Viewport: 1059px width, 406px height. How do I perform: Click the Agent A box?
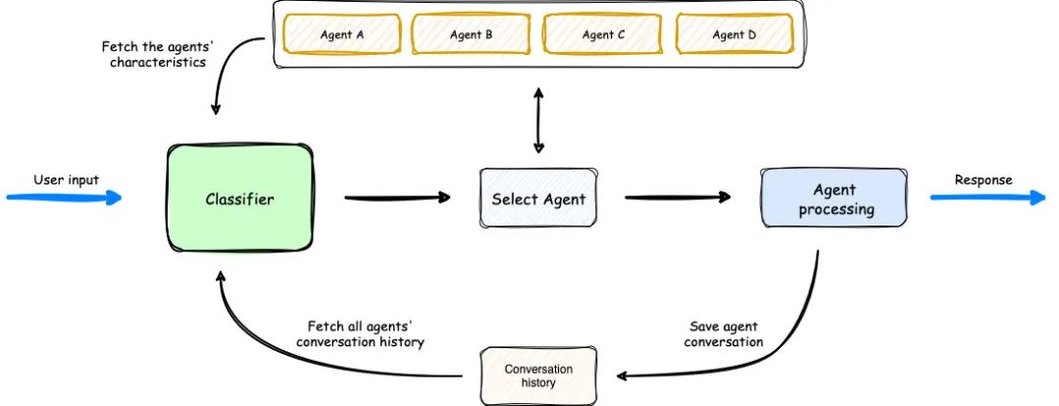point(342,34)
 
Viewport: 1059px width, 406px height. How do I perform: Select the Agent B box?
point(472,34)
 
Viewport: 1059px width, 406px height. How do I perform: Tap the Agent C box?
point(603,34)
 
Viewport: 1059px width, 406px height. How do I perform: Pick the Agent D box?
point(733,34)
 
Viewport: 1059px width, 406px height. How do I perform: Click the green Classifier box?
point(240,199)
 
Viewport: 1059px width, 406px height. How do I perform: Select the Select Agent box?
point(537,199)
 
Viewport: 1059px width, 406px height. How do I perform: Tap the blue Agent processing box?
point(833,199)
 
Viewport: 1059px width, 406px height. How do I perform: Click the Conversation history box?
point(538,376)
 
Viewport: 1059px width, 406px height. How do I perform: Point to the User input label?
point(66,179)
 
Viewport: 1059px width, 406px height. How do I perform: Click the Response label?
point(983,179)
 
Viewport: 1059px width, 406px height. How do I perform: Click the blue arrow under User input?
point(64,198)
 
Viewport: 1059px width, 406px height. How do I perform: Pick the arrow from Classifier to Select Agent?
point(397,198)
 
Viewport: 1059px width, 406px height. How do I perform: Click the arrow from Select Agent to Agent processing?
point(677,198)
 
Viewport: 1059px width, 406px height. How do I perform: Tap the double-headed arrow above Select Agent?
point(538,120)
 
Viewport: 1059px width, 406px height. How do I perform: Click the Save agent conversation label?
point(724,333)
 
